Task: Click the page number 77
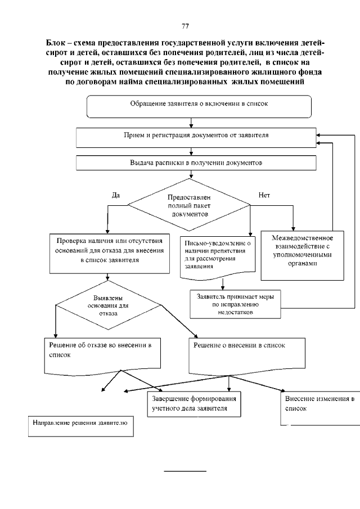185,26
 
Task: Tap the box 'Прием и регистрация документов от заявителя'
196,136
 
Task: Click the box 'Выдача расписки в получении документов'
196,163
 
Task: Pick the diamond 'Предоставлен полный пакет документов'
188,206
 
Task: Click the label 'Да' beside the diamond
116,195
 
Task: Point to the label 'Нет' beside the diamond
264,195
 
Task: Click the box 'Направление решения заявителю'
81,425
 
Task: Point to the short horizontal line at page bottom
185,470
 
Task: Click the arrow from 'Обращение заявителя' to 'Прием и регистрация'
192,123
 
